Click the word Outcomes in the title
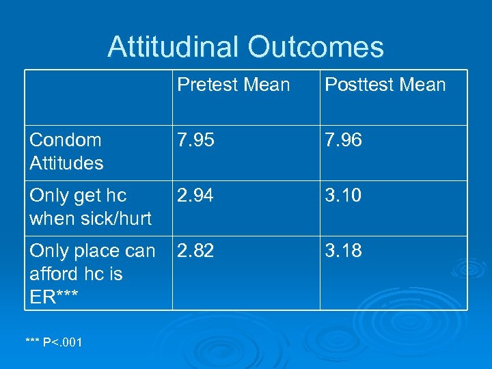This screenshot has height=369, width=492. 316,47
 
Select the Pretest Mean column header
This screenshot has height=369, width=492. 234,85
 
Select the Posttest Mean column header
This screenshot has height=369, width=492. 385,85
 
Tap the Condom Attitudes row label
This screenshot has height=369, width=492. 66,152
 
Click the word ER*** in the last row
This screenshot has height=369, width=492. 54,297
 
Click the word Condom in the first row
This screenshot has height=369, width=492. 66,140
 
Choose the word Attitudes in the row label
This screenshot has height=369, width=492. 66,163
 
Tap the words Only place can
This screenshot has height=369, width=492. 92,251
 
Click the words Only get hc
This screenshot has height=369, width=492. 78,196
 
